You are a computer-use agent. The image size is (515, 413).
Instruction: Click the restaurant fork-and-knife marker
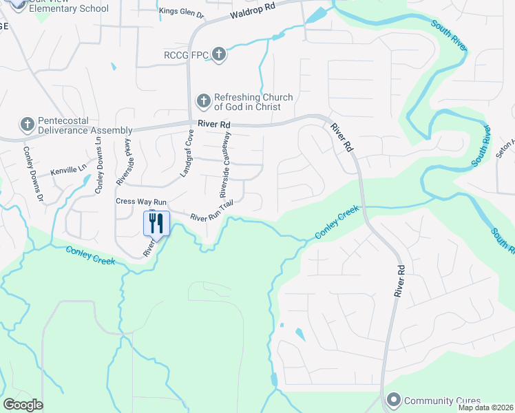pos(156,223)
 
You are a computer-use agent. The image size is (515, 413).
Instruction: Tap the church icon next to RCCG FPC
pos(218,54)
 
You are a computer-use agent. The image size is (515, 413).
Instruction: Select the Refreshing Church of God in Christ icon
pos(203,102)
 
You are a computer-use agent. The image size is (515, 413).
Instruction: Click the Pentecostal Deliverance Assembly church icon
pos(27,125)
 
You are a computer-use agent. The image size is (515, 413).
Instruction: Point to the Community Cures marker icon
pos(394,400)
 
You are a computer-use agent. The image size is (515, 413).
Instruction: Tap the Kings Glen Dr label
pos(182,12)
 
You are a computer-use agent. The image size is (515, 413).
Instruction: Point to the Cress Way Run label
pos(141,202)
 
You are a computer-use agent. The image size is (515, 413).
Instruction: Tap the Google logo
pos(23,405)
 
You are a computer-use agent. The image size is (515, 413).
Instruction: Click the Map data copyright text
pos(485,407)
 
